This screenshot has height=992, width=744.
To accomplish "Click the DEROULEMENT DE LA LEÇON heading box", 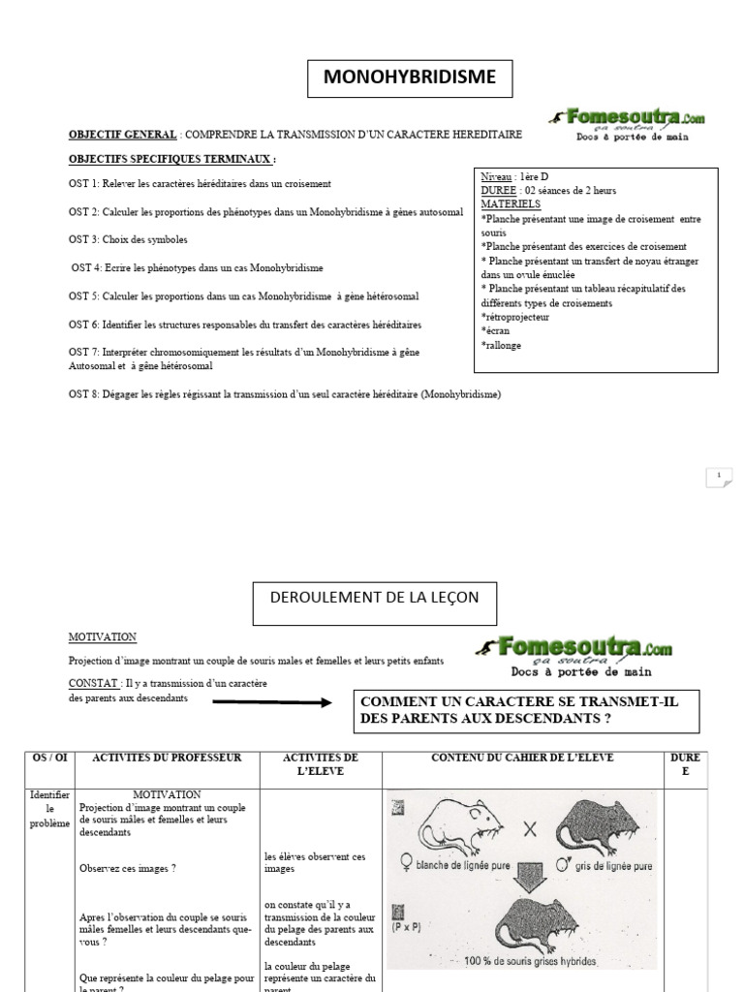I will click(x=374, y=598).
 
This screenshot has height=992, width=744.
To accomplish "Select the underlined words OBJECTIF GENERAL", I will click(x=122, y=134).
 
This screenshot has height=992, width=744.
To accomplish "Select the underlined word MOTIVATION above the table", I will click(x=102, y=637).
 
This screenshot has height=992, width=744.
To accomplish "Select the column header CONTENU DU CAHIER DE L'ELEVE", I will click(x=522, y=758).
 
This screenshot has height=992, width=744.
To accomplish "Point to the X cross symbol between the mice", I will click(x=531, y=829).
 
